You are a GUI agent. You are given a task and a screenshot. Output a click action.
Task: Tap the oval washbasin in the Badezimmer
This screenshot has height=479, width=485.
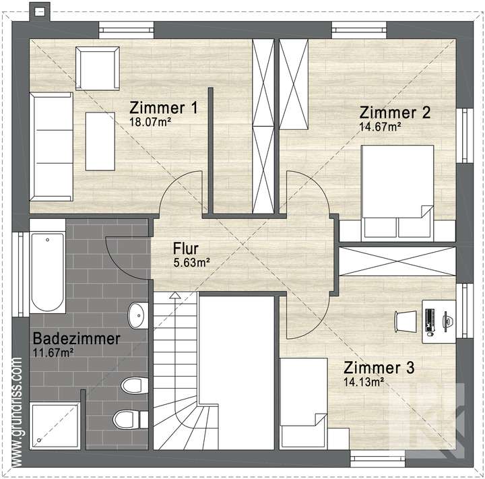137,314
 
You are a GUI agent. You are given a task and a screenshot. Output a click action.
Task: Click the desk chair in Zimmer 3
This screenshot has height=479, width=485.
407,320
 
